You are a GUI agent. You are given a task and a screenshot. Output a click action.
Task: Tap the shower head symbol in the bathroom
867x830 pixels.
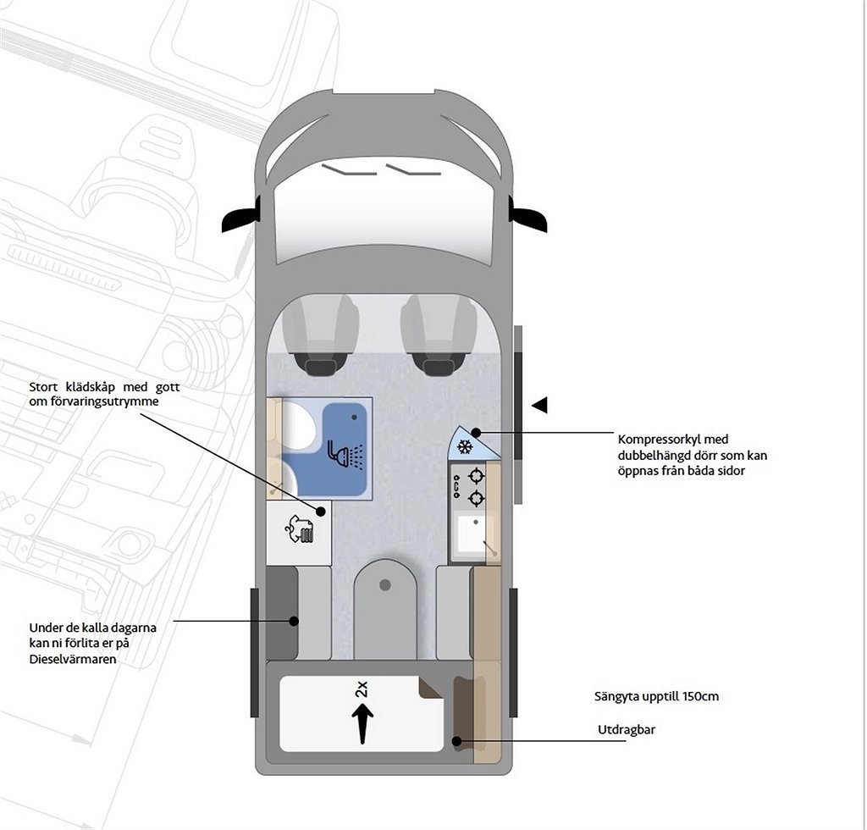344,455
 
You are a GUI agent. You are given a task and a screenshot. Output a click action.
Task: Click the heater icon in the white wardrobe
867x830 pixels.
299,531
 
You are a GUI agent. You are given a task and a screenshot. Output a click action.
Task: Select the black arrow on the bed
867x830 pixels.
362,724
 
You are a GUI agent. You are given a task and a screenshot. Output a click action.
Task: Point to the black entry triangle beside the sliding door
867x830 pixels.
538,405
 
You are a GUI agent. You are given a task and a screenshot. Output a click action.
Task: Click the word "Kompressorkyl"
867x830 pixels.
661,440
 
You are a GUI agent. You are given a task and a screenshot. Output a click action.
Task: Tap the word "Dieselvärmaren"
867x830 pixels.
72,659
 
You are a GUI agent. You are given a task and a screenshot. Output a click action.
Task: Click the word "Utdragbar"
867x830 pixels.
626,730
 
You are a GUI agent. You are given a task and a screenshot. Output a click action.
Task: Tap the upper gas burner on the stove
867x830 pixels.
476,477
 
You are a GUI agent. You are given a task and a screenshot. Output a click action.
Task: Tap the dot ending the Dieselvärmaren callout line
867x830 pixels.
294,621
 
